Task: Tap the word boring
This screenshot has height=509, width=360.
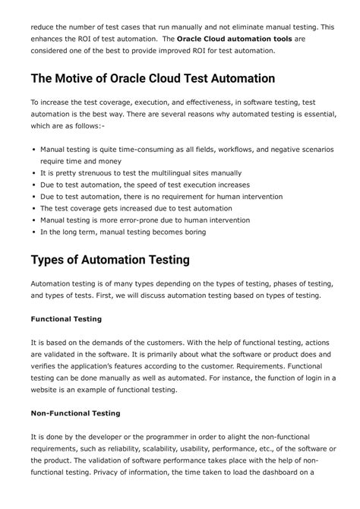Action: (x=191, y=232)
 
